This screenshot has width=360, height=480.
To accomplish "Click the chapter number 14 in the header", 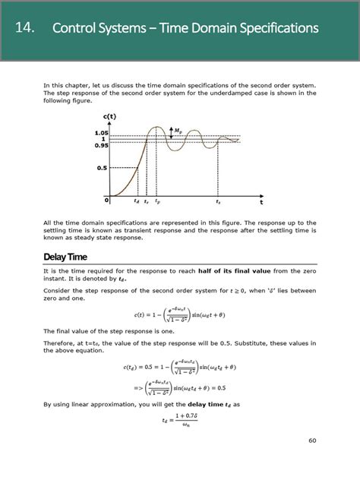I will (24, 28).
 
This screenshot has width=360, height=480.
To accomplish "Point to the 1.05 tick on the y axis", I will (102, 133).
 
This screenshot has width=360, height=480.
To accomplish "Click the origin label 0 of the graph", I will (108, 201).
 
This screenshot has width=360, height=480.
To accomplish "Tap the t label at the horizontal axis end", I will (261, 203).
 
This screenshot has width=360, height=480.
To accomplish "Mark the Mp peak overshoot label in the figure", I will (178, 131).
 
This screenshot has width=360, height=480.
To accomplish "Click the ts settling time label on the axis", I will (218, 202).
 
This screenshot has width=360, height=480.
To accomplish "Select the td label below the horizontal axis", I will (137, 202).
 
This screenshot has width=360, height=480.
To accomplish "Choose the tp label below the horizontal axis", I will (157, 202).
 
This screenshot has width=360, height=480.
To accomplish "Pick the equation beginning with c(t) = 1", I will (179, 314).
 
